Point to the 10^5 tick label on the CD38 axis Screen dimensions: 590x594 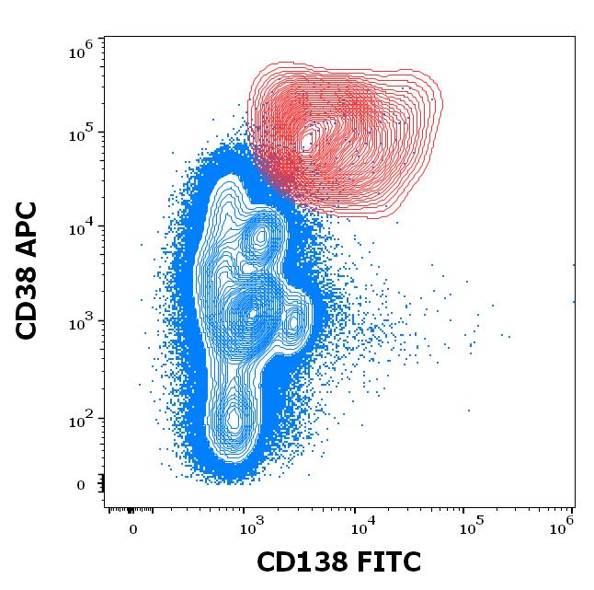coord(81,133)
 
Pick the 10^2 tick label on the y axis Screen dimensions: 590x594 coord(81,420)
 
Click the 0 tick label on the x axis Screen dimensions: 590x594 coord(133,529)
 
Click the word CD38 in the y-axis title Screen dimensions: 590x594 coord(28,299)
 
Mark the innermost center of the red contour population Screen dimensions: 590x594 coord(309,140)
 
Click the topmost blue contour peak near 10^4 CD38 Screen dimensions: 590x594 coord(261,236)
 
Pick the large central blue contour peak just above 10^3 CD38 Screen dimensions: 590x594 coord(253,313)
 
